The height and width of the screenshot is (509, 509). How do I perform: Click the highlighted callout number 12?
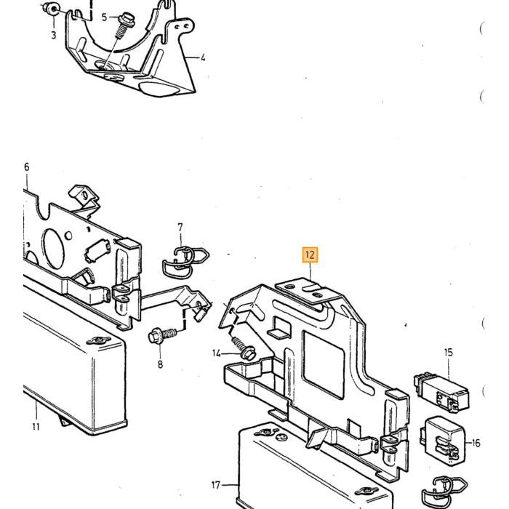tap(310, 254)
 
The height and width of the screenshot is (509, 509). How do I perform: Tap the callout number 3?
tap(54, 35)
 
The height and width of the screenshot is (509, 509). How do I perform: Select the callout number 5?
tap(104, 17)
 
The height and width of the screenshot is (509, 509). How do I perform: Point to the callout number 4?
tap(203, 57)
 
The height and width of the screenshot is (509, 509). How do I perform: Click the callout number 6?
tap(27, 167)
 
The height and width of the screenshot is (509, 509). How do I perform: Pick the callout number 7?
tap(180, 227)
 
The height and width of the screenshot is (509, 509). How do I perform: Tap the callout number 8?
tap(161, 364)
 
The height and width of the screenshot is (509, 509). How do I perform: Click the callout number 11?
tap(36, 426)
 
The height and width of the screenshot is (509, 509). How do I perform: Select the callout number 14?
tap(217, 353)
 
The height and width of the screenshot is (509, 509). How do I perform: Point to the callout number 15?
tap(449, 352)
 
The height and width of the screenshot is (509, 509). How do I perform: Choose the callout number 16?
tap(476, 443)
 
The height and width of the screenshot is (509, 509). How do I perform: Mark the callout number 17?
tap(216, 485)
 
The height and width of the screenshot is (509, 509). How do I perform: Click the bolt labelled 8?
tap(162, 335)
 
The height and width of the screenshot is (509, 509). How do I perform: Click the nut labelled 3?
tap(52, 9)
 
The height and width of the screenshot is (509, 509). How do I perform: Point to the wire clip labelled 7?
tap(185, 262)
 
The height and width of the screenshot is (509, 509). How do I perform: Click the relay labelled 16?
tap(443, 441)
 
